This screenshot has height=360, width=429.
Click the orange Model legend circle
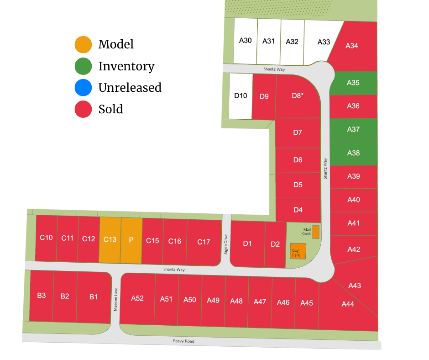coord(83,44)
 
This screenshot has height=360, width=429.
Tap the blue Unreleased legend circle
coord(83,87)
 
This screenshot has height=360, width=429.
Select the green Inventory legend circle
coord(83,66)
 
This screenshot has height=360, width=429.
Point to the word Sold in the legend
coord(110,109)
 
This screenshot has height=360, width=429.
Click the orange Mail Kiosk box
coord(316,232)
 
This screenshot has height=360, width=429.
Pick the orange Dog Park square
coord(298,251)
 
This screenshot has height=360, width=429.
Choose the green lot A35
coord(353,83)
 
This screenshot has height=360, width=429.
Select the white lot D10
coord(241,96)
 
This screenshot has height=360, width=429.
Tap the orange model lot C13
coord(110,240)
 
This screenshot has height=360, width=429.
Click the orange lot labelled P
coord(131,240)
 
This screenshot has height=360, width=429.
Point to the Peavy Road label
coord(183,341)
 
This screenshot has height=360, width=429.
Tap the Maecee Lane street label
coord(116,299)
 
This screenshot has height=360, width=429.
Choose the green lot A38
coord(353,153)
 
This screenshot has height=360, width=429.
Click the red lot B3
coord(42,296)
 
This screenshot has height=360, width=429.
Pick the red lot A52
coord(137,298)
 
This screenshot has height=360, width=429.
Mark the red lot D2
coord(275,244)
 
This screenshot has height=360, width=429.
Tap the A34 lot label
coord(352,46)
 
